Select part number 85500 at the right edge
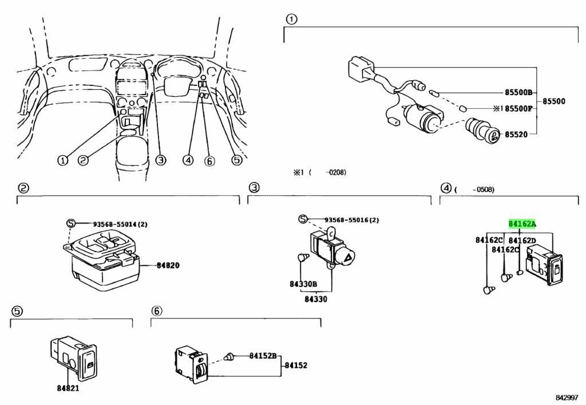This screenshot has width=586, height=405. pos(554,101)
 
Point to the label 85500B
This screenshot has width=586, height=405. pos(518,92)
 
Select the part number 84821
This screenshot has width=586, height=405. pos(68,388)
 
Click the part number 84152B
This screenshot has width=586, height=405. pos(263,356)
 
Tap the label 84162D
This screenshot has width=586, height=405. pos(522,241)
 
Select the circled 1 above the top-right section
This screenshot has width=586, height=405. pos(291,21)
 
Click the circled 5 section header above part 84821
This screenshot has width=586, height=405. pos(17,311)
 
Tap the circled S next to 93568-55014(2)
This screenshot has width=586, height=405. pos(70,223)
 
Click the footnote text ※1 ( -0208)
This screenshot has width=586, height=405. pos(320,172)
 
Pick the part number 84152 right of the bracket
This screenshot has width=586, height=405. pos(296,365)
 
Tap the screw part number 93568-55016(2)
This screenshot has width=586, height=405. pos(351,220)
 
